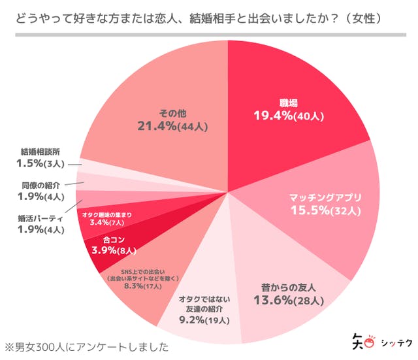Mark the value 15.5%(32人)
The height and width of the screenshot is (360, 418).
coord(325,210)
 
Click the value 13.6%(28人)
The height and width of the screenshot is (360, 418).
coord(288,301)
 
